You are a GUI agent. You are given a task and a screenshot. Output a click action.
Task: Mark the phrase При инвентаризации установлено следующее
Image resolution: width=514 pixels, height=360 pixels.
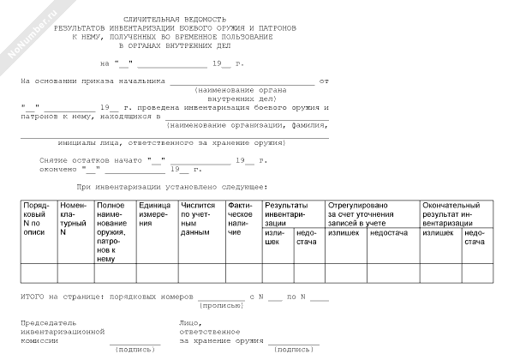coord(171,186)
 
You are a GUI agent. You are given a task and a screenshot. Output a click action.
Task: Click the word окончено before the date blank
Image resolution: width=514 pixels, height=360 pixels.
coord(57,169)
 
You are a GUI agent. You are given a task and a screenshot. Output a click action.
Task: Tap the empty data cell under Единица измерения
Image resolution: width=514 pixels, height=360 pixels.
coord(156,273)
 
